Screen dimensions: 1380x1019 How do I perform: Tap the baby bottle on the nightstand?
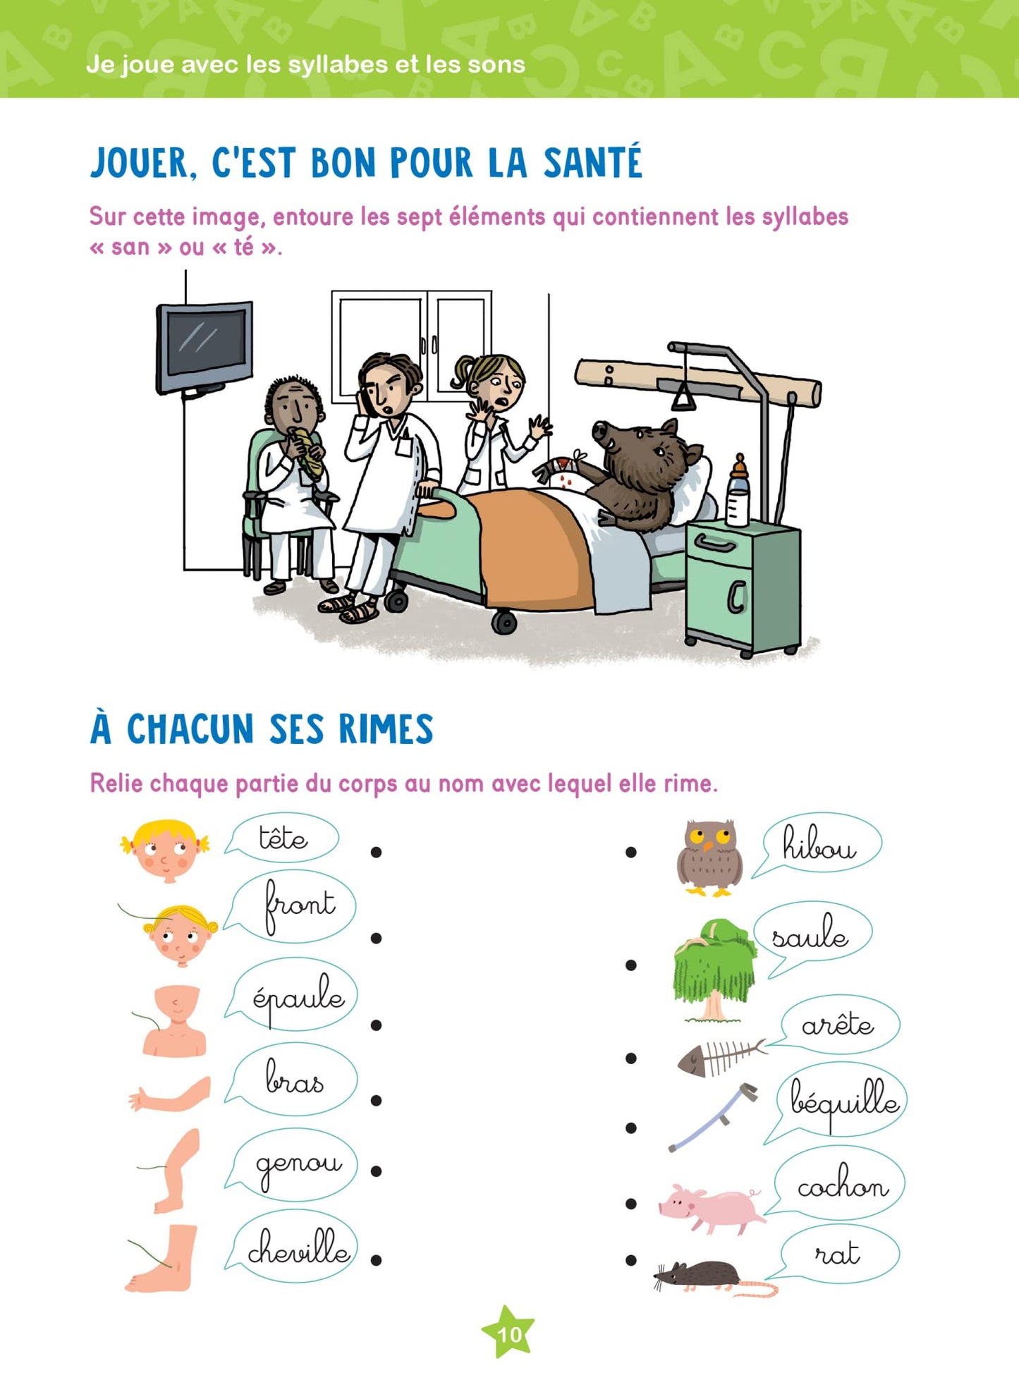click(x=738, y=491)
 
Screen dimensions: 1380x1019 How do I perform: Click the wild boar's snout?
click(x=601, y=430)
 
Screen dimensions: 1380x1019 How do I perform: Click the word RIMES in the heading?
click(x=386, y=729)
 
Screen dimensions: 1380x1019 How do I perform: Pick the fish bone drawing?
click(x=719, y=1058)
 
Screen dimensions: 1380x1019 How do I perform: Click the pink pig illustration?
click(x=711, y=1207)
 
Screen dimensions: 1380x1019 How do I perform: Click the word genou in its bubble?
click(x=298, y=1166)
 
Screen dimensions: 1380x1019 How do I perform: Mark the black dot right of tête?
click(x=376, y=853)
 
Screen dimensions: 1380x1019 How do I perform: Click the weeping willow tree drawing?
click(x=714, y=967)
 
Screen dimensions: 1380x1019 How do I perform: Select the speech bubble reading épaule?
click(x=297, y=996)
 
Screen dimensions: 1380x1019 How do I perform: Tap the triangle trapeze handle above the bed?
click(x=683, y=398)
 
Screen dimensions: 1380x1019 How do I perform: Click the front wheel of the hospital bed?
click(x=504, y=622)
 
